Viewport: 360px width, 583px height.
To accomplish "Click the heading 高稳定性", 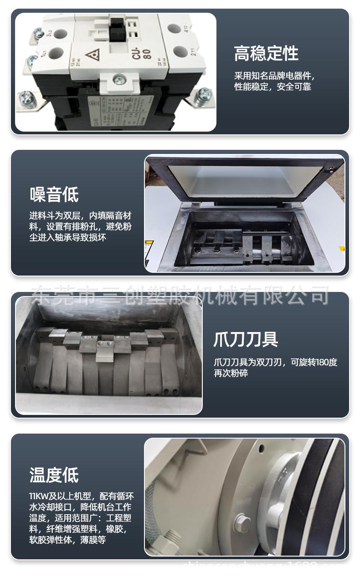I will pos(266,54).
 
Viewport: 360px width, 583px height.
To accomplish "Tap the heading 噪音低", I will pos(54,195).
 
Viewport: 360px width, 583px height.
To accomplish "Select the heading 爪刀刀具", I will pos(246,340).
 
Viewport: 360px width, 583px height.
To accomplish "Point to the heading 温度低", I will pos(54,475).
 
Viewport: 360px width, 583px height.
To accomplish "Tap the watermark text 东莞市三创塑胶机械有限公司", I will pos(180,295).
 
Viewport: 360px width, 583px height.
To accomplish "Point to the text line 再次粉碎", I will pos(231,373).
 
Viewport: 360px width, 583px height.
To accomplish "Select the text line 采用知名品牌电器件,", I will pos(274,76).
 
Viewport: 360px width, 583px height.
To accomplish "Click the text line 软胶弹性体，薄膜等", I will pos(67,540).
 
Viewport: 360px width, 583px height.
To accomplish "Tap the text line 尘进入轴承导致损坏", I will pos(68,238).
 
